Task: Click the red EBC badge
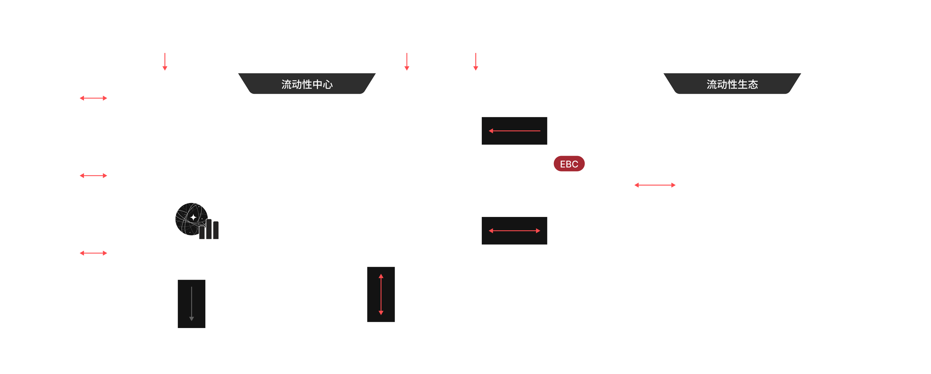click(569, 164)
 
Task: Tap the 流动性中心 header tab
click(307, 84)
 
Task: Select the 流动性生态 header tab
click(732, 84)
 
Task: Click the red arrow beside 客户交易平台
click(93, 98)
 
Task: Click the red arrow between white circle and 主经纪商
click(655, 185)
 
